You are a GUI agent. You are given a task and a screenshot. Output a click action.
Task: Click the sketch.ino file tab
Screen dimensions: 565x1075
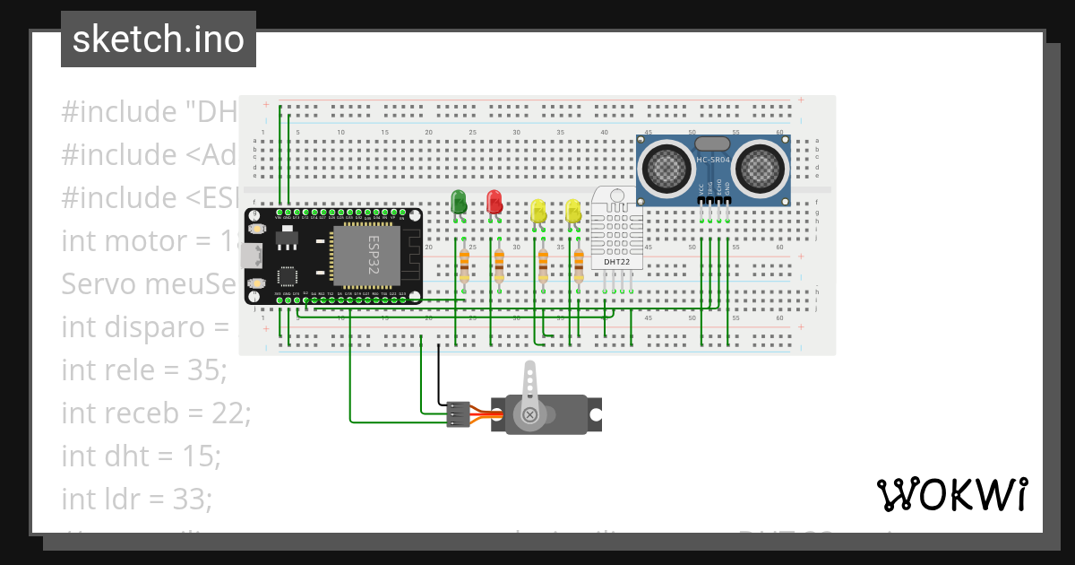[158, 39]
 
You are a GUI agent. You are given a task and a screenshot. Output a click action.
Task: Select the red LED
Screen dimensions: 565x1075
[494, 202]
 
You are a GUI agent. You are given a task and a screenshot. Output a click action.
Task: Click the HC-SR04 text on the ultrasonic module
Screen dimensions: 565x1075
[713, 160]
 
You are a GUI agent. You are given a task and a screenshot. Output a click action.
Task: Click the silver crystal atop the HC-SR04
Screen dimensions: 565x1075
[713, 143]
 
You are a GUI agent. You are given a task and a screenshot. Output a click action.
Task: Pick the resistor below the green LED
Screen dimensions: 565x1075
[464, 265]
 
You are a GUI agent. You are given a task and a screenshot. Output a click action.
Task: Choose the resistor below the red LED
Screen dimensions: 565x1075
[499, 265]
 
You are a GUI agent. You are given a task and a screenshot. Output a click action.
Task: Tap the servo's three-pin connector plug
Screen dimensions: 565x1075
[457, 413]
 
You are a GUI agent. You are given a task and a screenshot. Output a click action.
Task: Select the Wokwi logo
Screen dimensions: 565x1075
[951, 494]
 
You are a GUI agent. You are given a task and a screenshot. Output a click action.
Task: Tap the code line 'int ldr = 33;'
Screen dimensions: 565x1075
[136, 498]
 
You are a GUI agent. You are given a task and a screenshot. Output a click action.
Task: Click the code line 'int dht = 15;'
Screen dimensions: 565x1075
[141, 456]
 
